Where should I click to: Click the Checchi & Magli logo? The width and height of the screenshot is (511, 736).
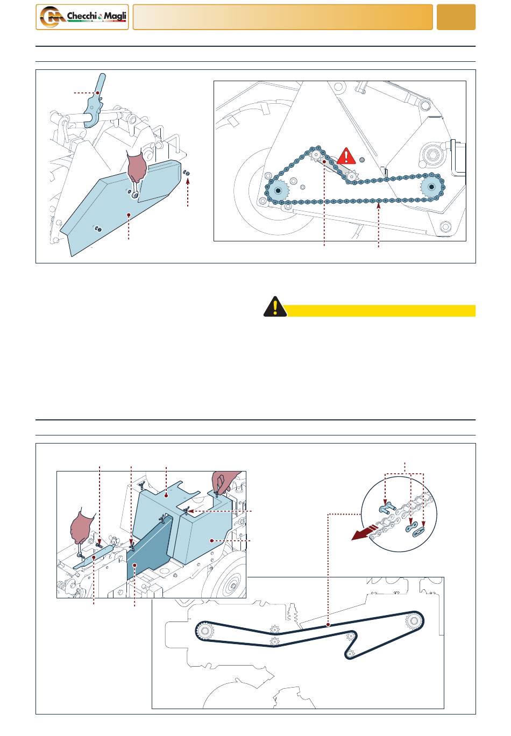[x=82, y=17]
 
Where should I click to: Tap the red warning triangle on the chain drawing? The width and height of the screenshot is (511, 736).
[x=346, y=156]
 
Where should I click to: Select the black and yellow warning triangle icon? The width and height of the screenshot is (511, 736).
[x=275, y=306]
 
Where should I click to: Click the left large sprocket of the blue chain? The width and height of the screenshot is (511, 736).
[x=279, y=190]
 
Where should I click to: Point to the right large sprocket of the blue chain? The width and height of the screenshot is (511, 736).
[x=431, y=187]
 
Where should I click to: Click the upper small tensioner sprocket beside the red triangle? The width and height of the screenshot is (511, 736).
[x=316, y=154]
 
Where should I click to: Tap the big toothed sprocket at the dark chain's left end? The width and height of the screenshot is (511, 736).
[x=205, y=631]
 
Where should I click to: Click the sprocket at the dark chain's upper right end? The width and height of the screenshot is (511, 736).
[x=413, y=621]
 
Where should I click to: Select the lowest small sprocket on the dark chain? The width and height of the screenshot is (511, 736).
[x=351, y=654]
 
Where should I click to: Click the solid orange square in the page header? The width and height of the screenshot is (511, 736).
[x=456, y=17]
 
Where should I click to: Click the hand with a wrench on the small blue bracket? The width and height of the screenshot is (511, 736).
[x=81, y=528]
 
